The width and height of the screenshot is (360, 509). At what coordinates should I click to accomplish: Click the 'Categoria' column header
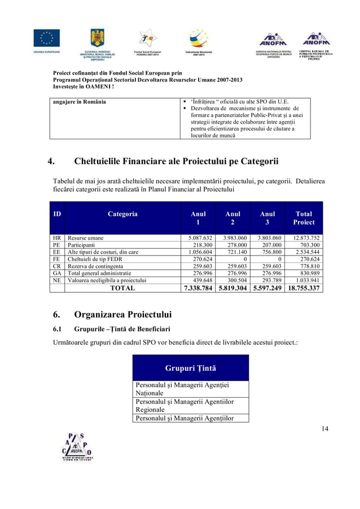tap(122, 214)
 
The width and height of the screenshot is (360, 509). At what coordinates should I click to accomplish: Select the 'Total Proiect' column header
tap(304, 218)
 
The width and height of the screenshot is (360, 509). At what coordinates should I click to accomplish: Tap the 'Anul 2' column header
tap(232, 218)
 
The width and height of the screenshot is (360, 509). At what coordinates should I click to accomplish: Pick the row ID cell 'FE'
tap(56, 259)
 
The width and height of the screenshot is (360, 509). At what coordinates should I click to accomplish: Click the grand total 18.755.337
tap(304, 288)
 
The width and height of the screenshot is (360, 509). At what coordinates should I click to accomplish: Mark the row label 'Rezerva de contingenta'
tap(96, 266)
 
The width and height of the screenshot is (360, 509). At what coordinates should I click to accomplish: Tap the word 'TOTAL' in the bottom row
tap(122, 288)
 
